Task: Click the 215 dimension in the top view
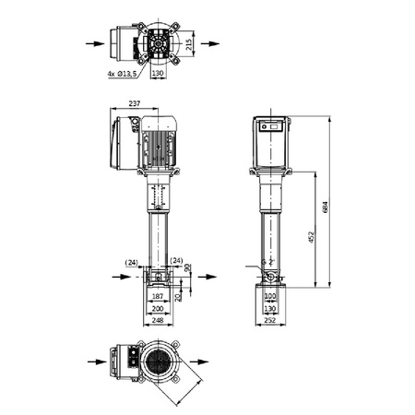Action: tap(189, 44)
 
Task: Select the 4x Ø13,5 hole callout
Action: tap(122, 74)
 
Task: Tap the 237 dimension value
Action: tap(135, 103)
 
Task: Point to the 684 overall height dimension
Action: tap(326, 207)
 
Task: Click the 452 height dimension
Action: tap(312, 237)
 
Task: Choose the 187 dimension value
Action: tap(158, 297)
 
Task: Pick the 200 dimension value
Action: tap(158, 309)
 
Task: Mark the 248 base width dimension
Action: tap(158, 320)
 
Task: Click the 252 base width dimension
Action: tap(270, 320)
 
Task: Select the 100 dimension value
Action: tap(270, 296)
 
